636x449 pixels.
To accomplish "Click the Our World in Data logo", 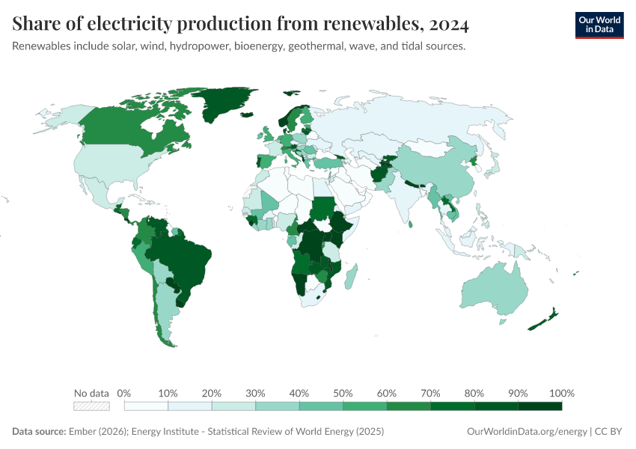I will pos(599,25).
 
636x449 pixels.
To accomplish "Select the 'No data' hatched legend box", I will pos(91,406).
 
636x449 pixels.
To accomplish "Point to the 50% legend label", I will pos(343,393).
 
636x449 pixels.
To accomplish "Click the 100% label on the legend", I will pos(561,393).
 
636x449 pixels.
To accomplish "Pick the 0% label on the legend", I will pos(124,393).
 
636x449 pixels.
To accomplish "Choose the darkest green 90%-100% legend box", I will pos(539,406).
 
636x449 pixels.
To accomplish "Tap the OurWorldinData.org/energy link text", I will pos(526,432).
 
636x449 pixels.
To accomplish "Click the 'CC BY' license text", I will pos(610,432).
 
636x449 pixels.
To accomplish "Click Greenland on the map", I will pos(224,105).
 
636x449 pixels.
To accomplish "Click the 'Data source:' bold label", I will pos(39,432).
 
